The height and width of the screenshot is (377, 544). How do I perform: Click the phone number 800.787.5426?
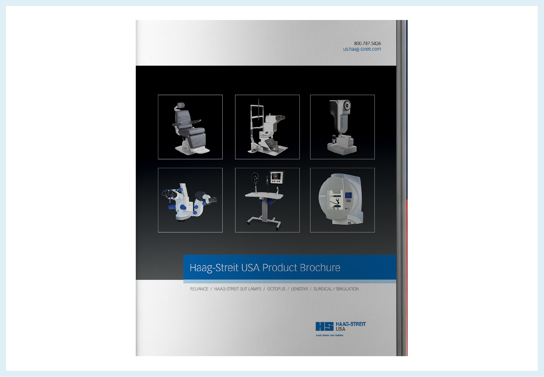(x=367, y=43)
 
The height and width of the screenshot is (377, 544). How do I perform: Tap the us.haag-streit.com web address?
(x=362, y=49)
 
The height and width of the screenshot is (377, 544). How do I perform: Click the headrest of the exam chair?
(x=181, y=105)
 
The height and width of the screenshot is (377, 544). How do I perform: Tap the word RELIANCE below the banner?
(x=199, y=289)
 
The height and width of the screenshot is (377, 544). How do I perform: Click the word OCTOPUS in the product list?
(x=276, y=289)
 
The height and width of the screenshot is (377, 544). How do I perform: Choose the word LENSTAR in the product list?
(x=299, y=289)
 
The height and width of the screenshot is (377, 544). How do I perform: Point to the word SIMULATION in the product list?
(x=347, y=289)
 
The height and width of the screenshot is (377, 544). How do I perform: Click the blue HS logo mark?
(x=324, y=326)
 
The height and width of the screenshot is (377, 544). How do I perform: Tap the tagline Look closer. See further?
(x=330, y=335)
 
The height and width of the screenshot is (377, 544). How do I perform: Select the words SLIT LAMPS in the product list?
(x=250, y=289)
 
